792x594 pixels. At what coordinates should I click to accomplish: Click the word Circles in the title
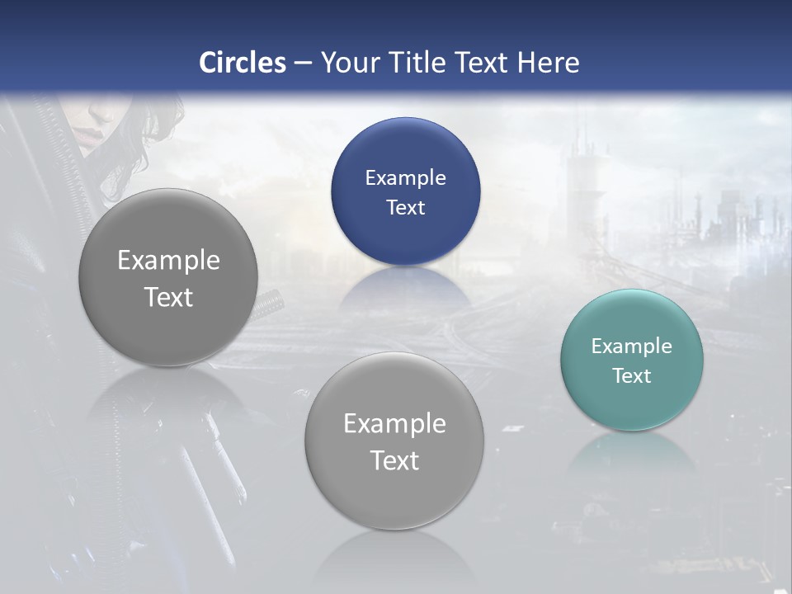tap(243, 63)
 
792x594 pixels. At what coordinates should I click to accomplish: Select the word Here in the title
tap(548, 63)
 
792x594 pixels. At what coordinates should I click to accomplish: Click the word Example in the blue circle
tap(405, 178)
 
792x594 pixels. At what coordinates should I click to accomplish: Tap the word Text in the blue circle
tap(405, 208)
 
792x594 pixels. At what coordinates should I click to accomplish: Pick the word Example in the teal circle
tap(631, 346)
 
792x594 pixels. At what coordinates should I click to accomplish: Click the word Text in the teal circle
tap(632, 376)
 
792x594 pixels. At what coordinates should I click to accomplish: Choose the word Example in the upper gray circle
tap(168, 261)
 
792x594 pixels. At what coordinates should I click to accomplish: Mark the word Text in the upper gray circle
tap(168, 297)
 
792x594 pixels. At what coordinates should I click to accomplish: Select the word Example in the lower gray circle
tap(394, 424)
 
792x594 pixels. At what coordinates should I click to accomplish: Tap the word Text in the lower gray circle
tap(394, 460)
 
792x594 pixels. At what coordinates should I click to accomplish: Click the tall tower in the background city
tap(581, 177)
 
